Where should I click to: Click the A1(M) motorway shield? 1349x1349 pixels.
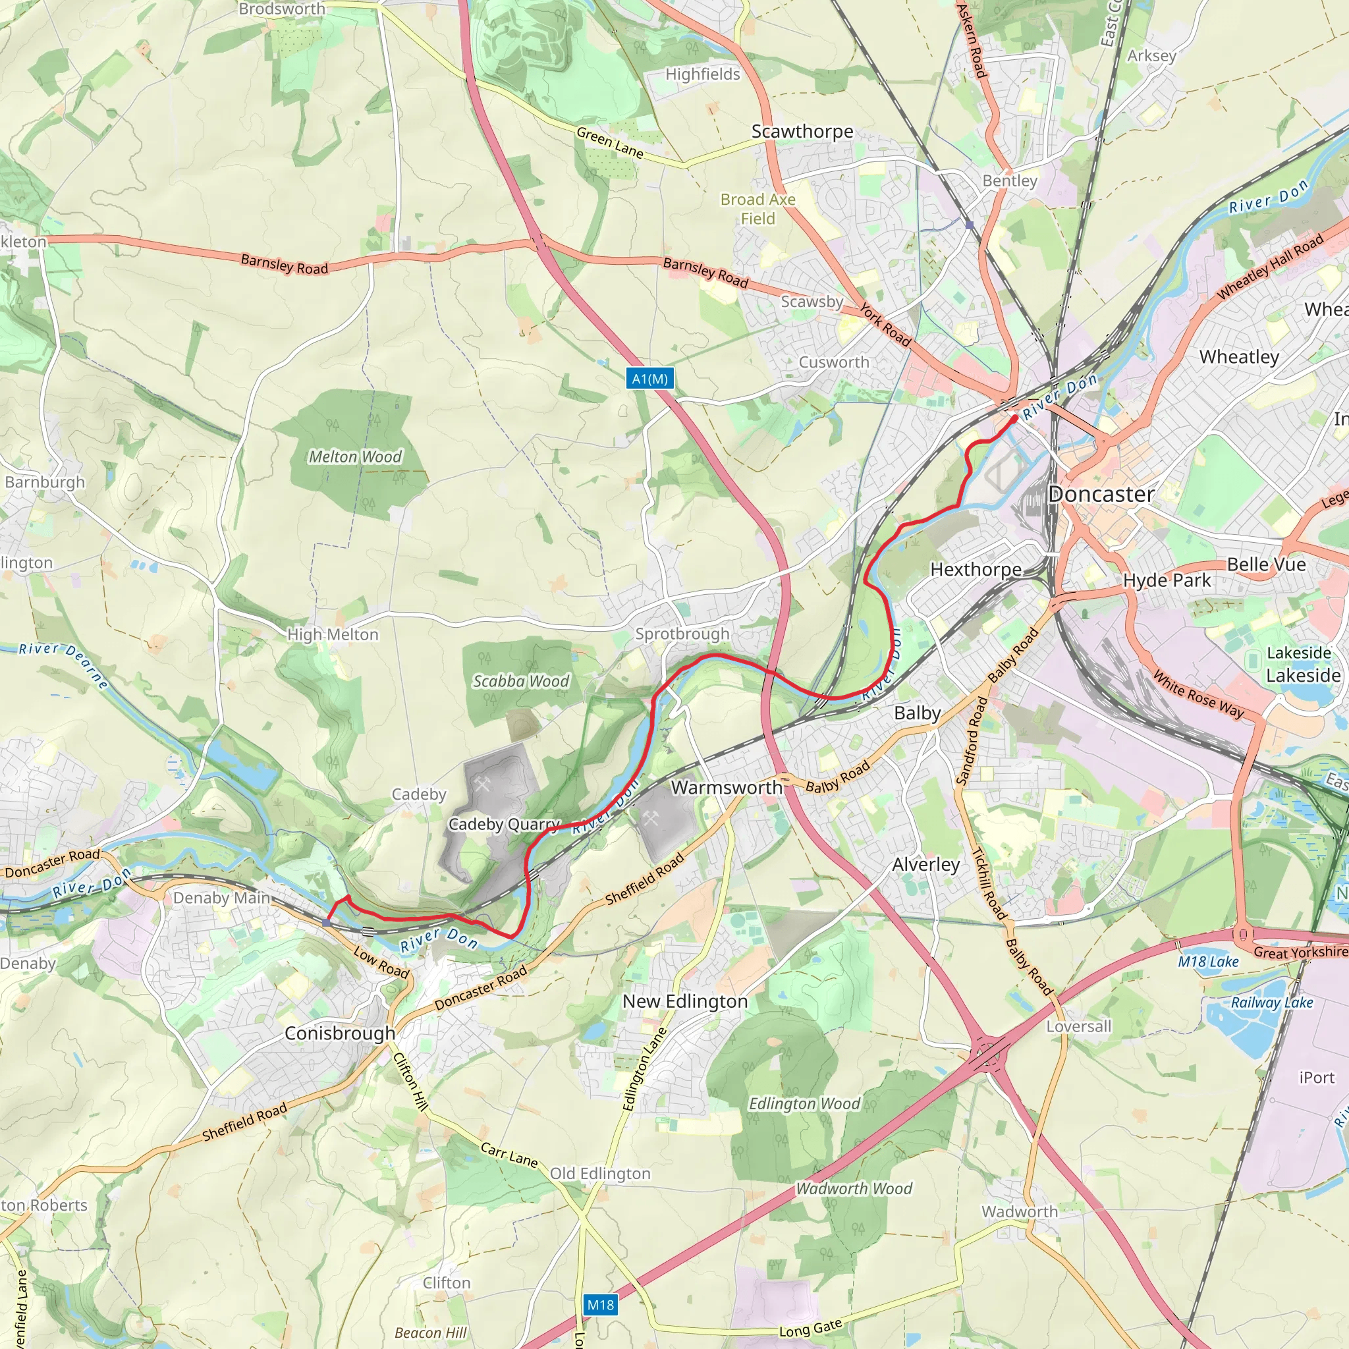pyautogui.click(x=649, y=379)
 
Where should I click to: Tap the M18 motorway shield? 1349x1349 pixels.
pyautogui.click(x=601, y=1304)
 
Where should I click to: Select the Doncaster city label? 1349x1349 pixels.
pyautogui.click(x=1101, y=495)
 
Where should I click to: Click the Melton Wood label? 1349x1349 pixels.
pyautogui.click(x=355, y=456)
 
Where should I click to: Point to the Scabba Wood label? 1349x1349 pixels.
pyautogui.click(x=521, y=681)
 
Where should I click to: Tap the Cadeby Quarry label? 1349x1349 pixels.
pyautogui.click(x=504, y=824)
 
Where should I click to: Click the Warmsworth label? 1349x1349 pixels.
pyautogui.click(x=726, y=787)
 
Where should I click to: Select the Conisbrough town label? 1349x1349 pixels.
pyautogui.click(x=339, y=1033)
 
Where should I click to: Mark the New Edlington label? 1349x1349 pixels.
pyautogui.click(x=685, y=1001)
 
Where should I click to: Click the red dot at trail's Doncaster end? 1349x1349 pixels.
pyautogui.click(x=1014, y=419)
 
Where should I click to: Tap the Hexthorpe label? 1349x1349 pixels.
pyautogui.click(x=976, y=569)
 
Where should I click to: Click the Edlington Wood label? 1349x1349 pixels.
pyautogui.click(x=804, y=1103)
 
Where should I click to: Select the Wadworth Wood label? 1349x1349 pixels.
pyautogui.click(x=854, y=1188)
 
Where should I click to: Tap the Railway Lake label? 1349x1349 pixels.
pyautogui.click(x=1271, y=1002)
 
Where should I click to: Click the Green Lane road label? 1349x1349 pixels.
pyautogui.click(x=609, y=142)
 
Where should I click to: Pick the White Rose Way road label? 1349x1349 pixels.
pyautogui.click(x=1198, y=694)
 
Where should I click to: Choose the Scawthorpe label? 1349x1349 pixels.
pyautogui.click(x=802, y=131)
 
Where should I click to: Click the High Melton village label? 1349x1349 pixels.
pyautogui.click(x=333, y=634)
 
